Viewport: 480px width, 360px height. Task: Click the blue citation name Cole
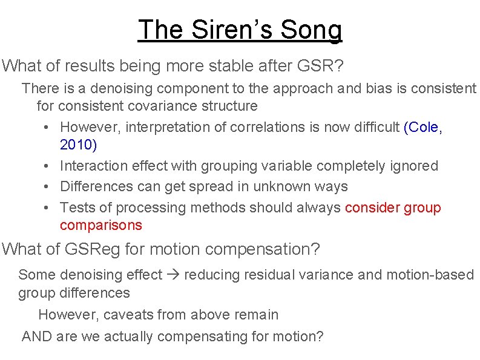(x=424, y=127)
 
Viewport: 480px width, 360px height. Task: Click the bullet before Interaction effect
(x=47, y=166)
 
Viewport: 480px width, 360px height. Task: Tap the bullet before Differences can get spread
(x=47, y=187)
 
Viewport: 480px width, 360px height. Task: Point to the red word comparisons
(x=101, y=225)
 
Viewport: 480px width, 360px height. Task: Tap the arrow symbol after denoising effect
(x=173, y=275)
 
